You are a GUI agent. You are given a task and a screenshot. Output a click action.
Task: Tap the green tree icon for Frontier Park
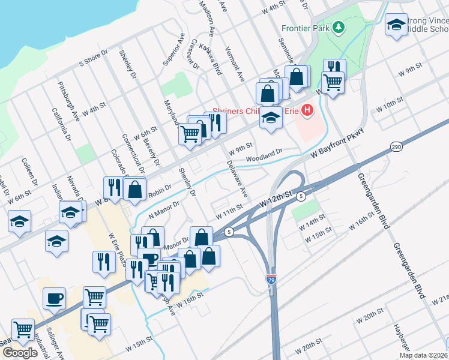pos(338,27)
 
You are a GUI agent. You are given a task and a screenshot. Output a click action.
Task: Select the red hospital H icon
pos(307,110)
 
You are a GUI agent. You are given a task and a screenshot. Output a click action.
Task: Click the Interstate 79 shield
pos(271,280)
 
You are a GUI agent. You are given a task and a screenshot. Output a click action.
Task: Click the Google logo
pos(20,353)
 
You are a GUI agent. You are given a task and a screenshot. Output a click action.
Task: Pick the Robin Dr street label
pos(160,190)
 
